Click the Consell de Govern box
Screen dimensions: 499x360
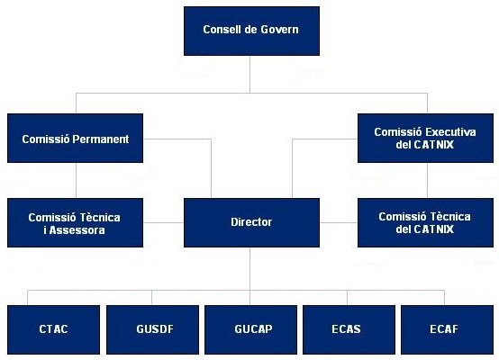click(251, 31)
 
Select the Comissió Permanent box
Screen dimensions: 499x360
click(75, 138)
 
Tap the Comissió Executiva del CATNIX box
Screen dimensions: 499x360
click(425, 138)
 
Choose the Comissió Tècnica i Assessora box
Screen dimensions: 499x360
click(75, 222)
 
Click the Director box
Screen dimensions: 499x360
click(251, 222)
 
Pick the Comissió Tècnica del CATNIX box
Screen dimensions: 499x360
click(425, 222)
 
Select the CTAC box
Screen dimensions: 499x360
click(53, 329)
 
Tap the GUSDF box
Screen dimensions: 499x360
click(153, 329)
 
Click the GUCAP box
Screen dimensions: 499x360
click(250, 329)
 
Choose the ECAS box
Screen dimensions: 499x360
click(349, 329)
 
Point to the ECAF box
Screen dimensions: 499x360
click(447, 329)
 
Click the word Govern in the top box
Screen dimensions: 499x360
click(279, 30)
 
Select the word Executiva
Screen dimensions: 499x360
click(450, 131)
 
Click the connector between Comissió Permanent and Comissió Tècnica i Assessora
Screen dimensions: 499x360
click(76, 180)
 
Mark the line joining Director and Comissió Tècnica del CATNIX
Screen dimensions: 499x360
click(339, 222)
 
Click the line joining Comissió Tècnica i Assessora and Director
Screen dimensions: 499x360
click(163, 222)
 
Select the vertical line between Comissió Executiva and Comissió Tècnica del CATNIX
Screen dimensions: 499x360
click(427, 180)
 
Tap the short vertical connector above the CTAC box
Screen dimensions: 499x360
click(27, 298)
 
